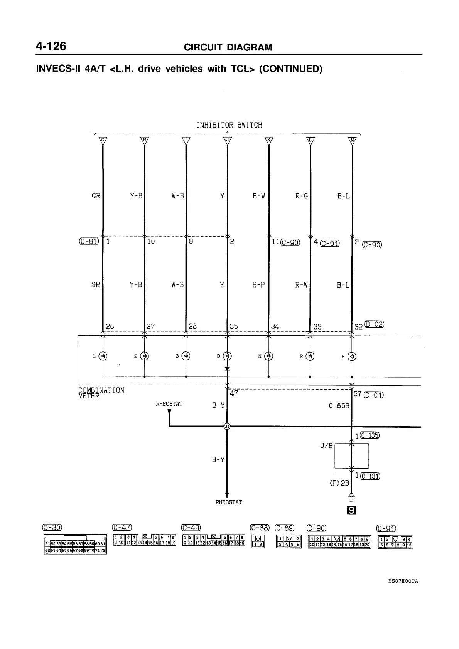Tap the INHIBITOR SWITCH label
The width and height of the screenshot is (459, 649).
tap(229, 125)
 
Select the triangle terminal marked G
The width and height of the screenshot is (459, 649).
tap(103, 140)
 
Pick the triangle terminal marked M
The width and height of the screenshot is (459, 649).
tap(352, 140)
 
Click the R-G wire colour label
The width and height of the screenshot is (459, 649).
tap(302, 196)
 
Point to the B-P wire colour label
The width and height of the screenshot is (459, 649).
tap(258, 285)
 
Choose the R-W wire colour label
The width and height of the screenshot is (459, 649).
tap(302, 285)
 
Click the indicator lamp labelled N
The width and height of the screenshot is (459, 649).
tap(268, 356)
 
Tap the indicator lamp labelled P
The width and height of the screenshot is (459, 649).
tap(352, 356)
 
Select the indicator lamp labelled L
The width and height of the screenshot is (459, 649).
tap(103, 356)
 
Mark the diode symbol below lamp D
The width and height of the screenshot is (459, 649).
tap(227, 368)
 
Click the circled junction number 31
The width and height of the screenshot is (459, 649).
tap(227, 426)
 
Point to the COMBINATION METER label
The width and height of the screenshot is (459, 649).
tap(101, 393)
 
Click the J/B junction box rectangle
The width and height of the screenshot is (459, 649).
tap(351, 456)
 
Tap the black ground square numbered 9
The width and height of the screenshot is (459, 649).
tap(351, 510)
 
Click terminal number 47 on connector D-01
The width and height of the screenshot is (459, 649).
tap(234, 394)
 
